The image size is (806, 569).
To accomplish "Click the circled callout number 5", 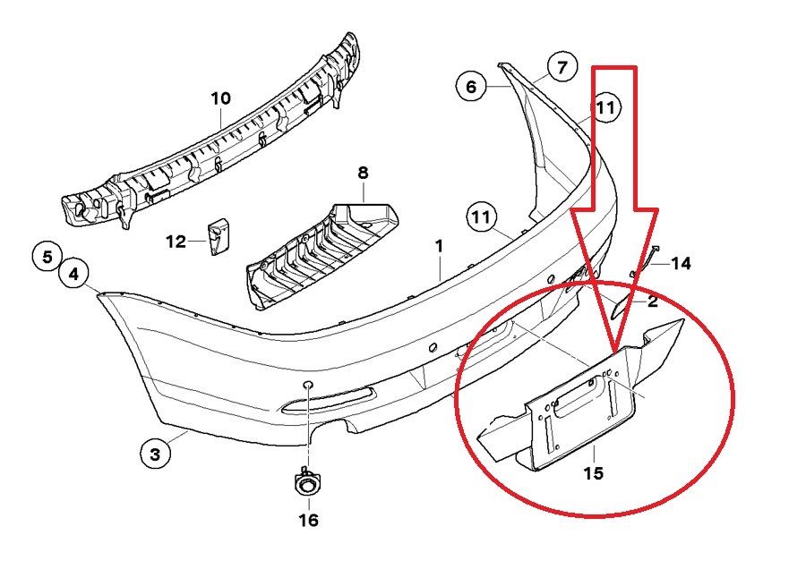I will click(47, 256).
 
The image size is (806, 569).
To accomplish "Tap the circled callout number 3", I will click(155, 454).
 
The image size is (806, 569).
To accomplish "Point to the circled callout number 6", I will click(471, 87).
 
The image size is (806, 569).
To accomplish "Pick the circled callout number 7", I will click(562, 67).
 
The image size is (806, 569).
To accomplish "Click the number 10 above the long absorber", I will click(221, 98).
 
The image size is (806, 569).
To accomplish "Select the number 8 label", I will click(363, 172).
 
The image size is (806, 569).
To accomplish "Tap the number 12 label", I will click(176, 241).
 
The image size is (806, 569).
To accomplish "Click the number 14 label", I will click(681, 263).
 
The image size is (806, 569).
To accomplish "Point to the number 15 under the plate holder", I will click(593, 473).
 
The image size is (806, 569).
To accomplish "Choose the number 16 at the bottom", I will click(307, 520).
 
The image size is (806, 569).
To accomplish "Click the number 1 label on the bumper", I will click(440, 245).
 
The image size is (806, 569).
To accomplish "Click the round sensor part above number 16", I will click(306, 485).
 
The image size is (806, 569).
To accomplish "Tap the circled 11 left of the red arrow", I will click(482, 217).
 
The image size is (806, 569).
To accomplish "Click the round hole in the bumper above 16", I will click(306, 386).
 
